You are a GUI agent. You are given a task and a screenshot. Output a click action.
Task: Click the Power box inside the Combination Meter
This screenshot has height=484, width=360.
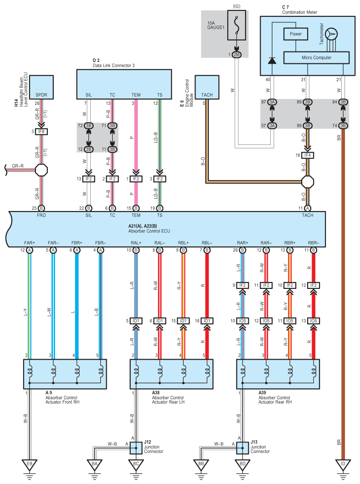point(295,34)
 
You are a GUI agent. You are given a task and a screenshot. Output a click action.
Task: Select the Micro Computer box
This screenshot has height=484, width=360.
point(316,58)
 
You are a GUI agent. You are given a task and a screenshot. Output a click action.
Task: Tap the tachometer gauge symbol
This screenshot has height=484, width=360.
point(331,34)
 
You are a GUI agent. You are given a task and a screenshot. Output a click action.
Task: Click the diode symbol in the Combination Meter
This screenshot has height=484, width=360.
point(272,60)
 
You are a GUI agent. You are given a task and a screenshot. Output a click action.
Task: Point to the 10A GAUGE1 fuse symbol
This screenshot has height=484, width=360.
point(237,26)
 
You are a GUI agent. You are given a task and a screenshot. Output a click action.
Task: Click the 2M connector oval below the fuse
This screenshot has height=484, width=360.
point(237,55)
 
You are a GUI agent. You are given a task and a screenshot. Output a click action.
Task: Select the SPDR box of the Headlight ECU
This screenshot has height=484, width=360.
point(41,87)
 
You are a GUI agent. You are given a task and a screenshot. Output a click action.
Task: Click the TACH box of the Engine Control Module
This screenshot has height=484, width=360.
point(207,87)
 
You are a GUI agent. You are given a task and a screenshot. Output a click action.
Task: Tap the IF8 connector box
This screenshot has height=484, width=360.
point(41,132)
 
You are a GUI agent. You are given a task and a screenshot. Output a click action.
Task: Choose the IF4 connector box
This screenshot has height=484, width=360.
point(308,155)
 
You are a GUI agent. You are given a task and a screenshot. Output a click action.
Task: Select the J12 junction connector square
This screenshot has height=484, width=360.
point(136,448)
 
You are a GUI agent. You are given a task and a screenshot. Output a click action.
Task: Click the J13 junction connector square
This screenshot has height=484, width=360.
point(242,448)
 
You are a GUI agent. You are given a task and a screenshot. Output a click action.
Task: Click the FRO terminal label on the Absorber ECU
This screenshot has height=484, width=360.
point(41,215)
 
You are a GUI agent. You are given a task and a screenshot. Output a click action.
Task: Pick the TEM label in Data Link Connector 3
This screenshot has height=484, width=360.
point(136,95)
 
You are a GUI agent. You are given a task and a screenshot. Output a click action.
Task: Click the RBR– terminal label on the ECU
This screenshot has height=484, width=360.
point(314,243)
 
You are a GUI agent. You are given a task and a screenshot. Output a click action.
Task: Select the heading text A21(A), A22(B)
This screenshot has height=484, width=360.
point(143,226)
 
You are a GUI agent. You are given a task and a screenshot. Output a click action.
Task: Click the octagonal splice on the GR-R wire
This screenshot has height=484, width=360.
point(41,170)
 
